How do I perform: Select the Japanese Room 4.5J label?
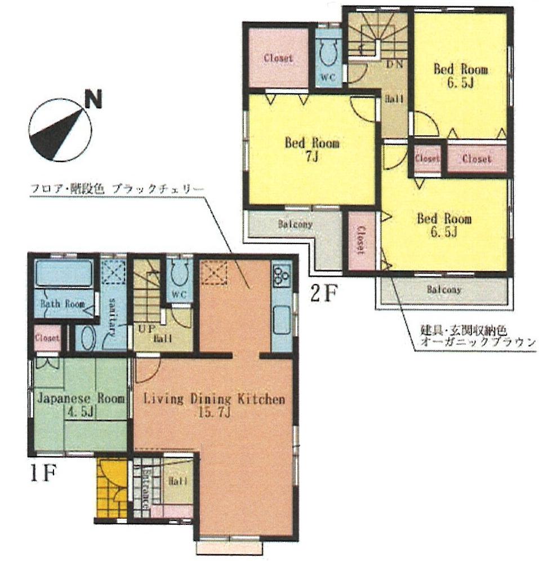click(x=81, y=404)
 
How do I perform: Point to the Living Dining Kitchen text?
click(x=214, y=400)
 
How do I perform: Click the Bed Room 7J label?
click(x=311, y=149)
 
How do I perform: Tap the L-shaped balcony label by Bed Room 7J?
click(x=295, y=224)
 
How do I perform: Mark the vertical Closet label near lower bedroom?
click(x=360, y=241)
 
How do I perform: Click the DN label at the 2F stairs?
click(x=394, y=64)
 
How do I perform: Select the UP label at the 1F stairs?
click(x=143, y=328)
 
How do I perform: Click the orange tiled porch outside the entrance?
click(x=111, y=488)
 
